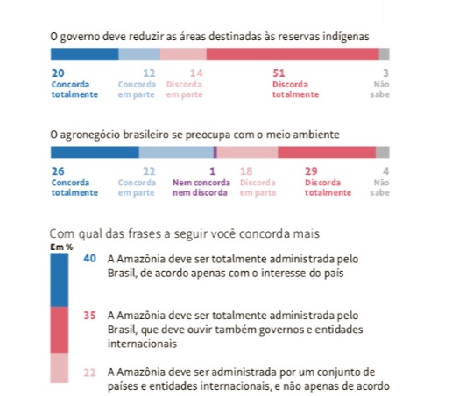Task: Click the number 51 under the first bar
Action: (279, 73)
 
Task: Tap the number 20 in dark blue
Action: (58, 73)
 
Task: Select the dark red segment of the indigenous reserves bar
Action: (293, 54)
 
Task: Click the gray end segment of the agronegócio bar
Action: (383, 152)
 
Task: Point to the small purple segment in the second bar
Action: (215, 152)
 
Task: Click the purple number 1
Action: (212, 171)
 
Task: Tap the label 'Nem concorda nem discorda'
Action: (201, 187)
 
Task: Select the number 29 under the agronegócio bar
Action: (311, 171)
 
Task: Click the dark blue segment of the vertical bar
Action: (60, 281)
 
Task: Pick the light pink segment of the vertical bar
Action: (60, 368)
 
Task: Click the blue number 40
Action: (89, 259)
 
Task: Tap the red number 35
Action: (89, 316)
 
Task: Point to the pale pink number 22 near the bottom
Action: (89, 372)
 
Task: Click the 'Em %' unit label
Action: (61, 247)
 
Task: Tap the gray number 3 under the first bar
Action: (385, 73)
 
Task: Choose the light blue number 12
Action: (149, 73)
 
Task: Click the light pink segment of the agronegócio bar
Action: (248, 152)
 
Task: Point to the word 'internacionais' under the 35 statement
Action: (142, 344)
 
